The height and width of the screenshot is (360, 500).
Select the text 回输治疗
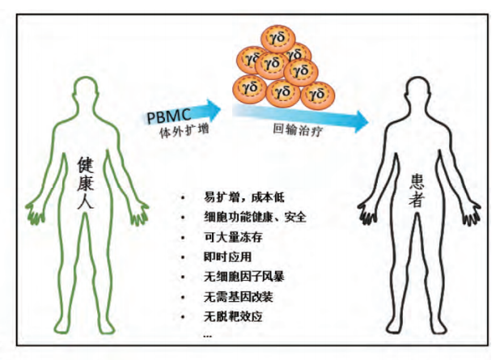[x=300, y=130]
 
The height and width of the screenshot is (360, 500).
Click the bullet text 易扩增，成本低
[x=240, y=197]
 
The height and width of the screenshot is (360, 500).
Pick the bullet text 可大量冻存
[x=233, y=237]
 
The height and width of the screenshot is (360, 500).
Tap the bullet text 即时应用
[x=227, y=257]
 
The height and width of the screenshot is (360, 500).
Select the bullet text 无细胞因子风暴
[x=244, y=277]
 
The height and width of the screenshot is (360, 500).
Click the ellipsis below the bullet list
[x=207, y=333]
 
